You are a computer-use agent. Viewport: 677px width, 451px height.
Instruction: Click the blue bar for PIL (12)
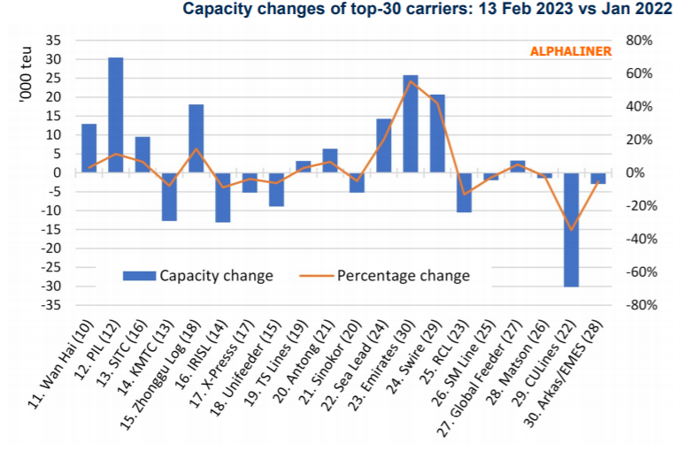pos(115,115)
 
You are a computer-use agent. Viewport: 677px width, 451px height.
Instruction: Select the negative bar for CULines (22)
pos(572,229)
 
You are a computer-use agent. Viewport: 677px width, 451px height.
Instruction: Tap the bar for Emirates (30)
pos(411,124)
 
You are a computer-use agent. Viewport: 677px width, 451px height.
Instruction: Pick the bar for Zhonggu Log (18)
pos(196,139)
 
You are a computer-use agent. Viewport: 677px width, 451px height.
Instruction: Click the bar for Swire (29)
pos(437,134)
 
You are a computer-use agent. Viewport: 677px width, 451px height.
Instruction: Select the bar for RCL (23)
pos(464,192)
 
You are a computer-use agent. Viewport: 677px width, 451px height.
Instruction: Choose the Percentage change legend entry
pos(403,275)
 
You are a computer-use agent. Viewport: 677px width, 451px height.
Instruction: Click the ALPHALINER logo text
pos(571,51)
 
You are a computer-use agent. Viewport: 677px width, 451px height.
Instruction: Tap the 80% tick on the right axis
pos(638,41)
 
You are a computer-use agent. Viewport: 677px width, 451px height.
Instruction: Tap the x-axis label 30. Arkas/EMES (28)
pos(566,376)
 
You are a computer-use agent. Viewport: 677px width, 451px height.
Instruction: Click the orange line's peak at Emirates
pos(411,81)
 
